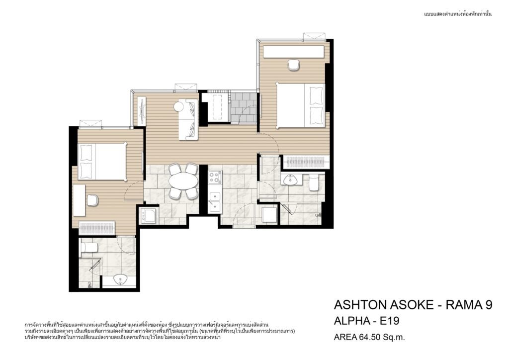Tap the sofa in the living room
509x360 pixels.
point(188,120)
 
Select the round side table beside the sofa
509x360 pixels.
point(179,107)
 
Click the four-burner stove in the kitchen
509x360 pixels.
point(215,177)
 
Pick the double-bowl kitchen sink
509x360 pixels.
point(215,202)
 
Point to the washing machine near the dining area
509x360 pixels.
point(148,215)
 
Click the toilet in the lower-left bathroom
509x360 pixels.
point(88,247)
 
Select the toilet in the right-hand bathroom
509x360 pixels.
point(314,183)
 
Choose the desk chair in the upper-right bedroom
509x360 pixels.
point(293,65)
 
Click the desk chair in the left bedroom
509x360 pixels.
point(92,199)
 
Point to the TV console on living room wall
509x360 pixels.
point(142,111)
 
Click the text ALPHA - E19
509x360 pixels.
point(366,321)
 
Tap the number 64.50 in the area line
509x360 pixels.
point(369,337)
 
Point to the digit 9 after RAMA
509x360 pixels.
point(488,305)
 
